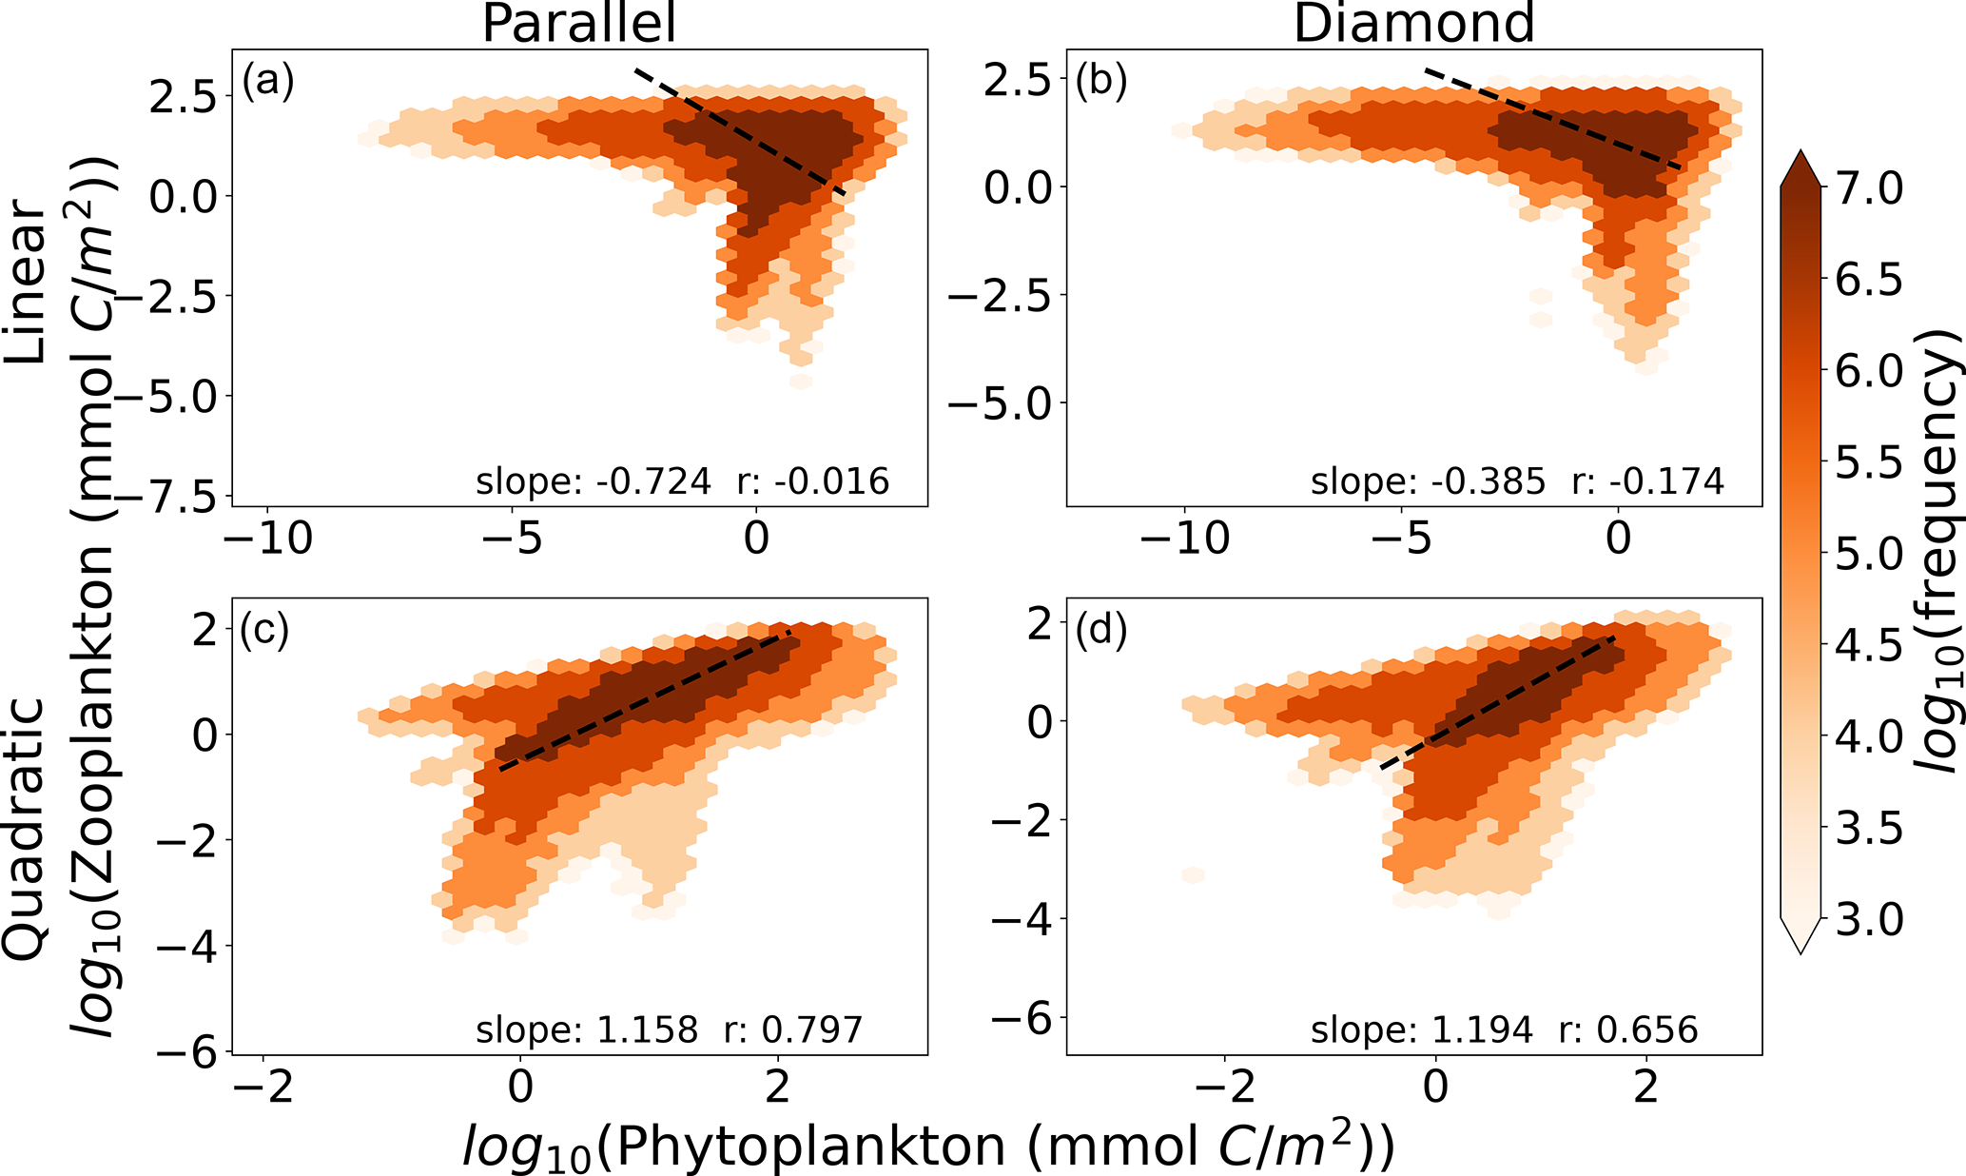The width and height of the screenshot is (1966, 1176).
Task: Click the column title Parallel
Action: pos(578,23)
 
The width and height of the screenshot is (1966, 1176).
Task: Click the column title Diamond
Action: pos(1413,23)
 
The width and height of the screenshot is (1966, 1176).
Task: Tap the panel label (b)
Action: pos(1100,82)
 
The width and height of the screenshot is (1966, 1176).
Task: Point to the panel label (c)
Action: pos(264,630)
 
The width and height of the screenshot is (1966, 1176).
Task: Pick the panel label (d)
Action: pos(1100,630)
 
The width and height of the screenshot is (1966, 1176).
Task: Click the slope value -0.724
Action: pos(653,481)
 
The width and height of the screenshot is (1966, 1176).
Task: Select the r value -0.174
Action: pos(1666,481)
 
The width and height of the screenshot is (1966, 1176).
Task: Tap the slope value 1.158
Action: pos(647,1029)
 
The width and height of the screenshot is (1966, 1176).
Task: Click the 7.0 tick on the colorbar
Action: pos(1869,188)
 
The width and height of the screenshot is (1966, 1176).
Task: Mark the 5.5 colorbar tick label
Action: pos(1869,463)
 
